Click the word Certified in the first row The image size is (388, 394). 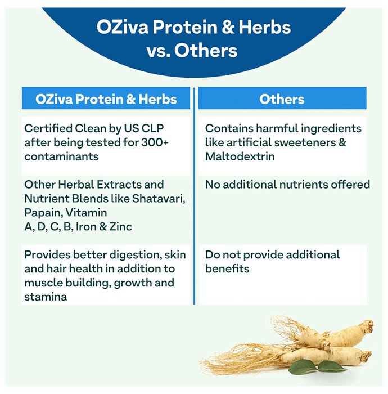point(48,128)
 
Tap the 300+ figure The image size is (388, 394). point(155,142)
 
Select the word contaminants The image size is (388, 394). point(61,156)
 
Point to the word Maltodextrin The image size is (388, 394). point(240,156)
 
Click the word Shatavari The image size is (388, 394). point(159,199)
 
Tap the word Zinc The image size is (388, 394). point(121,227)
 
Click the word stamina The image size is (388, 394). point(46,297)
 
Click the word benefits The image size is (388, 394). point(227,269)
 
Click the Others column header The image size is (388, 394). point(282,98)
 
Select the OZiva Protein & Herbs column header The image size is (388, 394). point(106,98)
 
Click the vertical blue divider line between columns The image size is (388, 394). point(194,196)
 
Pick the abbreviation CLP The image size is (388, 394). point(152,128)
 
